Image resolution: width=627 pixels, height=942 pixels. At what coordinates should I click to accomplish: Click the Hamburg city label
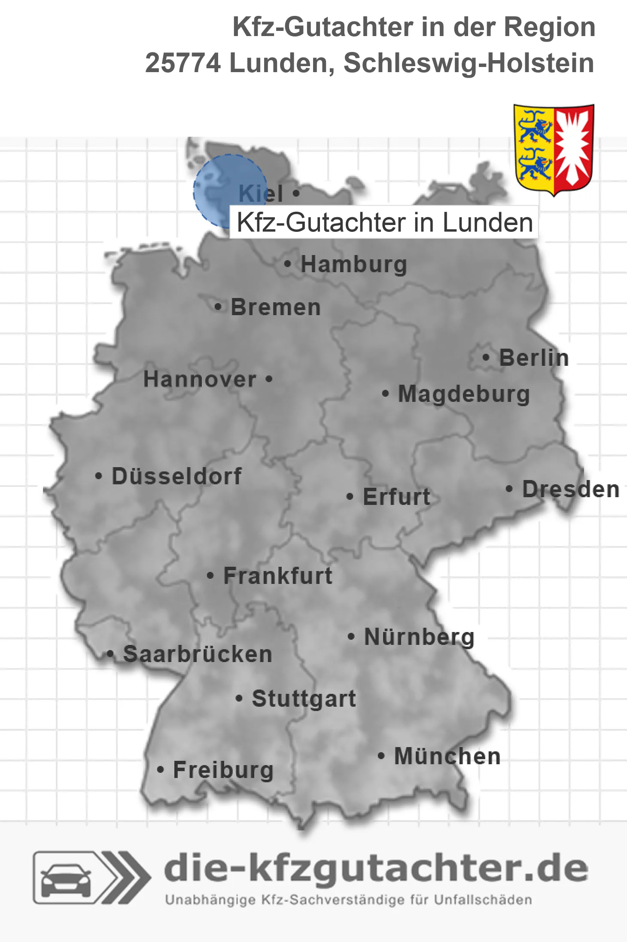(x=353, y=264)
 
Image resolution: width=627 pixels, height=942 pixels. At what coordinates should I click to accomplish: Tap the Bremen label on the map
(x=276, y=307)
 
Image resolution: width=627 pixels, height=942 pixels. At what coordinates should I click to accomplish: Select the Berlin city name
(x=534, y=358)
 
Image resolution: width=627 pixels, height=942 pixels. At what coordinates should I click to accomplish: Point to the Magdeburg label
(x=464, y=394)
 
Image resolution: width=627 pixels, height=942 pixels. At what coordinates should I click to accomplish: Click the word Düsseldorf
(x=177, y=476)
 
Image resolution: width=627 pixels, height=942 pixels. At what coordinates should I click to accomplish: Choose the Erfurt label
(x=396, y=497)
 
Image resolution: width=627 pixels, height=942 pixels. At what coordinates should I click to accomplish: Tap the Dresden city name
(x=571, y=489)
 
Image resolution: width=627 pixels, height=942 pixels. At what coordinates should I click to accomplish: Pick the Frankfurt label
(x=278, y=576)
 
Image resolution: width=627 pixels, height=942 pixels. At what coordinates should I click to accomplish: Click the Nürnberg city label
(x=419, y=637)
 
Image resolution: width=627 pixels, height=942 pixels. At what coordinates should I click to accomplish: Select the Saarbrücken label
(x=198, y=654)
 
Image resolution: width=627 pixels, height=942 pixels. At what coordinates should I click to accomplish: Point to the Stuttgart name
(x=304, y=699)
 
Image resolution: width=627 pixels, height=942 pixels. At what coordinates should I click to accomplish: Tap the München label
(x=447, y=756)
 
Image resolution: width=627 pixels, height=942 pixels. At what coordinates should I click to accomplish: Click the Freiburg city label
(x=223, y=770)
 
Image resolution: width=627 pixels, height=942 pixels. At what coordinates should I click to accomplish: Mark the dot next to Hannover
(x=269, y=379)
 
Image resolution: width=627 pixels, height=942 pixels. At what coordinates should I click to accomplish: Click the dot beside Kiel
(x=296, y=193)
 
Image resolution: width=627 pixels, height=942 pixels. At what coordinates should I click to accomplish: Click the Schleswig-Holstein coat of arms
(x=554, y=149)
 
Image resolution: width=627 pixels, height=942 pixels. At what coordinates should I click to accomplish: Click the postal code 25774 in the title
(x=183, y=63)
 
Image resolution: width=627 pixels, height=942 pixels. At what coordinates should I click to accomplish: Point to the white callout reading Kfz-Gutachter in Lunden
(x=384, y=222)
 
